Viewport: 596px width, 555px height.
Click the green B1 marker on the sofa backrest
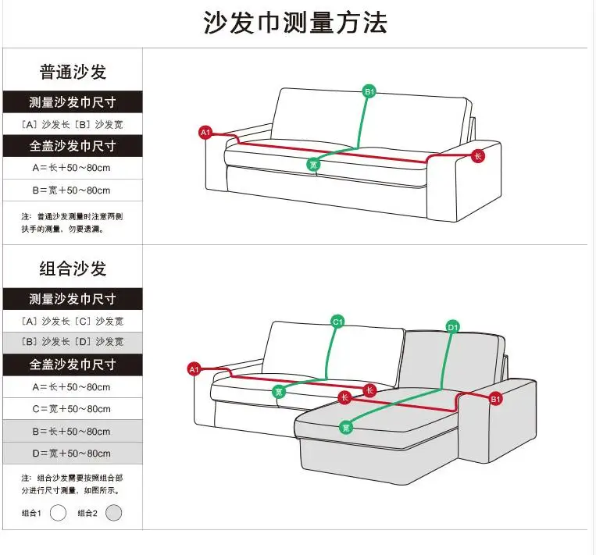[x=369, y=91]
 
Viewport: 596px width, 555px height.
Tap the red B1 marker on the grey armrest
[x=495, y=399]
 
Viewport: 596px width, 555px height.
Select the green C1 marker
[x=337, y=322]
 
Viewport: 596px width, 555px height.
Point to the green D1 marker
[x=453, y=327]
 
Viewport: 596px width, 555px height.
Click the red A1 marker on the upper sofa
[x=205, y=132]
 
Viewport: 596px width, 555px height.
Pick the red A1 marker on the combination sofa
[x=195, y=369]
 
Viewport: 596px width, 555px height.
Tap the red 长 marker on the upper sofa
[x=478, y=156]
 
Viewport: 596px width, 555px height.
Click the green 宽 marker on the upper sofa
[x=312, y=165]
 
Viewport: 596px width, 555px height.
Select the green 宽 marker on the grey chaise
[x=346, y=428]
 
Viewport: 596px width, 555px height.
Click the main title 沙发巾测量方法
[x=295, y=23]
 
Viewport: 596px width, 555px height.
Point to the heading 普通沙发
[x=73, y=72]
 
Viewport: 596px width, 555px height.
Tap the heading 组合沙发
[x=73, y=269]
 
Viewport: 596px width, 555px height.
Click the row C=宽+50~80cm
[x=71, y=409]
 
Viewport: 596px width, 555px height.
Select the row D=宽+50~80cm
[x=71, y=454]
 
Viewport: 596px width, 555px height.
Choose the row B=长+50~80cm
[x=71, y=431]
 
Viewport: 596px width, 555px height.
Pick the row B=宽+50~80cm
[x=71, y=190]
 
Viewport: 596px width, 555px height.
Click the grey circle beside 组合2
[x=113, y=513]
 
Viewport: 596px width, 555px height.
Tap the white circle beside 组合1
[x=58, y=513]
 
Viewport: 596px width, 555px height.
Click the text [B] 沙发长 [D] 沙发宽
[x=73, y=342]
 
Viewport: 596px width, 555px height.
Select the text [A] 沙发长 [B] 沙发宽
[x=73, y=124]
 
